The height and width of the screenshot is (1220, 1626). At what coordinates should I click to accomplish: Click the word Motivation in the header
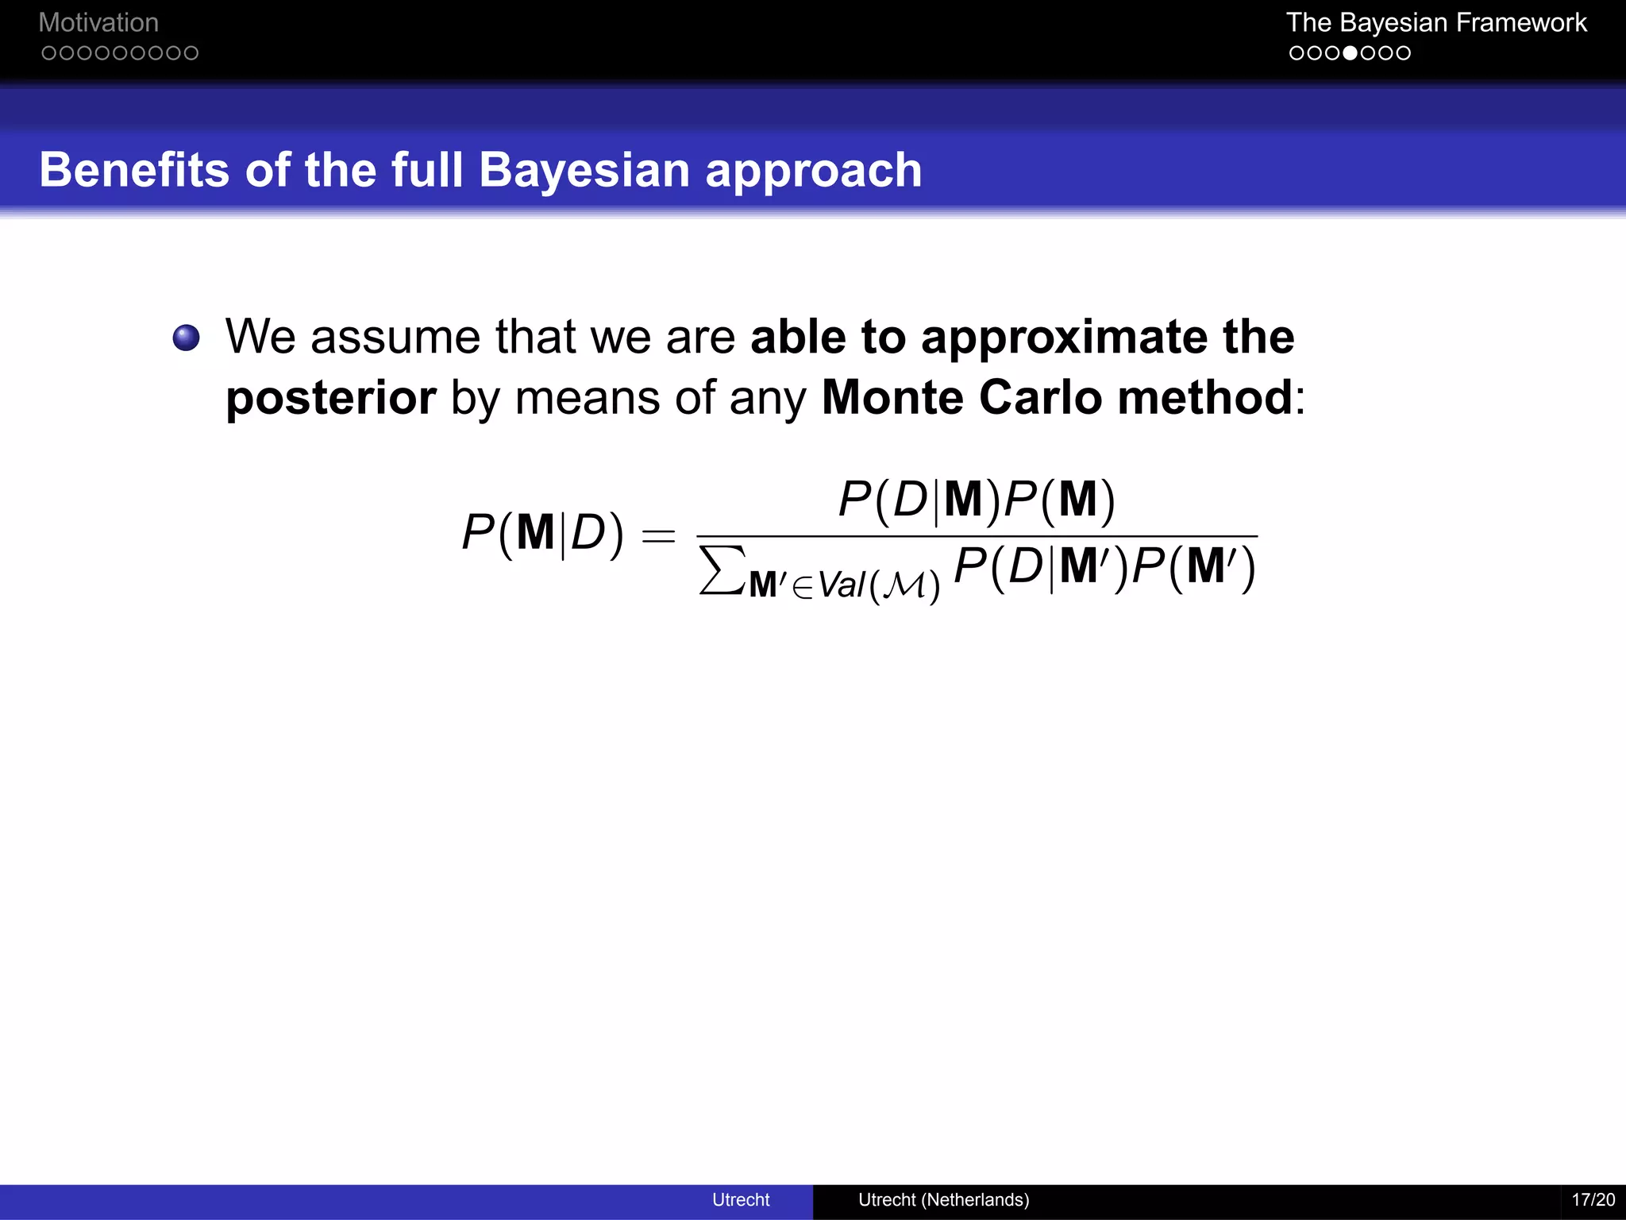(x=98, y=22)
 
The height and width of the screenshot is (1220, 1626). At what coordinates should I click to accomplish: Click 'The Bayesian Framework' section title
(x=1436, y=22)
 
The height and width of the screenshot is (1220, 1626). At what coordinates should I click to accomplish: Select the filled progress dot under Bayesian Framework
(x=1350, y=53)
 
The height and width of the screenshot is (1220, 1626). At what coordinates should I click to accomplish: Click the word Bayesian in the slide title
(x=584, y=170)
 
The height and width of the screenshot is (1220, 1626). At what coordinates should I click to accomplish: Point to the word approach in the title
(x=814, y=172)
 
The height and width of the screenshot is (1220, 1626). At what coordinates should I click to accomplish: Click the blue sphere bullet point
(x=187, y=338)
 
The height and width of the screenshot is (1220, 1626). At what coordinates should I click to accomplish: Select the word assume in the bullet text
(x=395, y=337)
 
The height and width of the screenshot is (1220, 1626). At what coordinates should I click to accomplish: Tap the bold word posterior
(x=330, y=398)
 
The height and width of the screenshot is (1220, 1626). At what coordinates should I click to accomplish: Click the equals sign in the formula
(x=659, y=536)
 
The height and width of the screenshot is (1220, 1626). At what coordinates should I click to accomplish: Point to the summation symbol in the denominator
(x=722, y=570)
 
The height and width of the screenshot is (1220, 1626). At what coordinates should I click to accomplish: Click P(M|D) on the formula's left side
(x=542, y=533)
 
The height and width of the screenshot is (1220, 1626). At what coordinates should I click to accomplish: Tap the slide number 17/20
(x=1593, y=1199)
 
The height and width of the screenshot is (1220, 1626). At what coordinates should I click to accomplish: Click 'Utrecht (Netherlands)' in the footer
(x=943, y=1199)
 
